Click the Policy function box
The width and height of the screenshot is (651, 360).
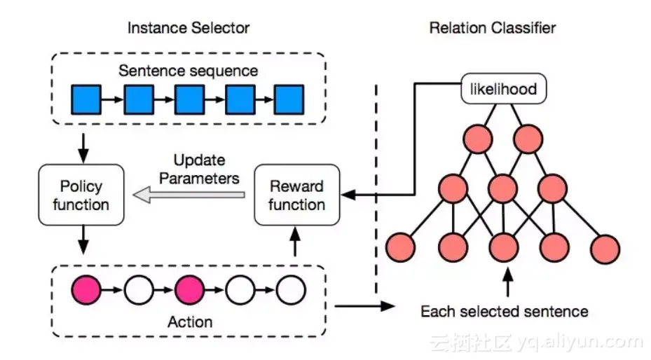tap(81, 195)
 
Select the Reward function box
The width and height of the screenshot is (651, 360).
tap(296, 195)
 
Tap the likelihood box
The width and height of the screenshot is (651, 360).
tap(503, 89)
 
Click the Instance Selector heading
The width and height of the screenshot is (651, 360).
tap(189, 28)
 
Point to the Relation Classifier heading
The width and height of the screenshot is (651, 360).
tap(492, 28)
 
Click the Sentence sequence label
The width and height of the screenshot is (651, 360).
tap(188, 71)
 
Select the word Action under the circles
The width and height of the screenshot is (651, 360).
tap(190, 321)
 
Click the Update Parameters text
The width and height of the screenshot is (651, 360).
tap(199, 169)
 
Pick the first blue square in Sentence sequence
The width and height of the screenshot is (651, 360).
tap(87, 99)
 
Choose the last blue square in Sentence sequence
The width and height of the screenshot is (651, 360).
tap(289, 99)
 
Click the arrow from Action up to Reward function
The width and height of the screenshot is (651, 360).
tap(295, 244)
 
